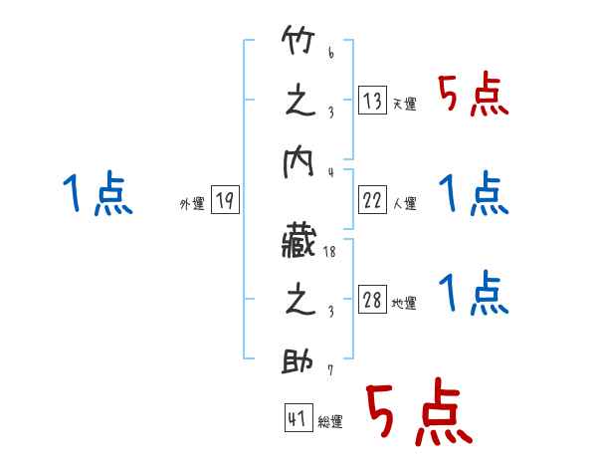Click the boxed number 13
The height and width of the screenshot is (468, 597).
pos(372,100)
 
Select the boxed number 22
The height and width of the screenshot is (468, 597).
pos(372,200)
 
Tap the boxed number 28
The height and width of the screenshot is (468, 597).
pos(372,300)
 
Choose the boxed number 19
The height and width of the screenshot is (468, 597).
pos(225,200)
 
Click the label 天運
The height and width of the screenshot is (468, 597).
pos(404,104)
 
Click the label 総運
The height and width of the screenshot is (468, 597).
pos(329,421)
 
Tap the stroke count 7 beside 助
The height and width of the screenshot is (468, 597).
pos(330,371)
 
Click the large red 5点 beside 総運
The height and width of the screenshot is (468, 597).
pos(417,414)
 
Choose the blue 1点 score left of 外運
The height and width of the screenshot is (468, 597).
pos(97,194)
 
